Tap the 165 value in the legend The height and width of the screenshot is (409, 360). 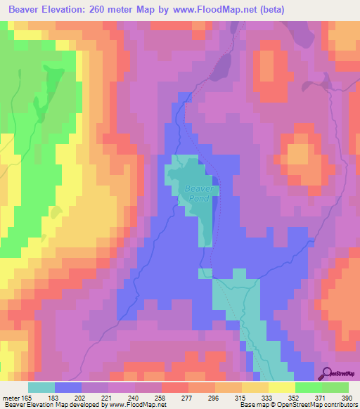coord(27,397)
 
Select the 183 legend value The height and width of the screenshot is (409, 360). coord(54,397)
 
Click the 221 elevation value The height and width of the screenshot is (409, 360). coord(108,397)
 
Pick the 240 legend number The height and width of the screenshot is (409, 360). coord(134,397)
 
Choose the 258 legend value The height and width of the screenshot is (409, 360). coord(161,397)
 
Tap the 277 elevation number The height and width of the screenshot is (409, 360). coord(188,397)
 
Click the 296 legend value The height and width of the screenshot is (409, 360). coord(214,397)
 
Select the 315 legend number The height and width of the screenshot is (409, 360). coord(241,397)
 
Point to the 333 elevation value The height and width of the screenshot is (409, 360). coord(268,397)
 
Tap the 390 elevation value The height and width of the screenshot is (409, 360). coord(345,397)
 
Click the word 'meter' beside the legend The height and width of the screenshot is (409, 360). coord(11,397)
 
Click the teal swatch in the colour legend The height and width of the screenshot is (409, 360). coord(41,387)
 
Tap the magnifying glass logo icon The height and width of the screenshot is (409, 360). coord(327,372)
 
